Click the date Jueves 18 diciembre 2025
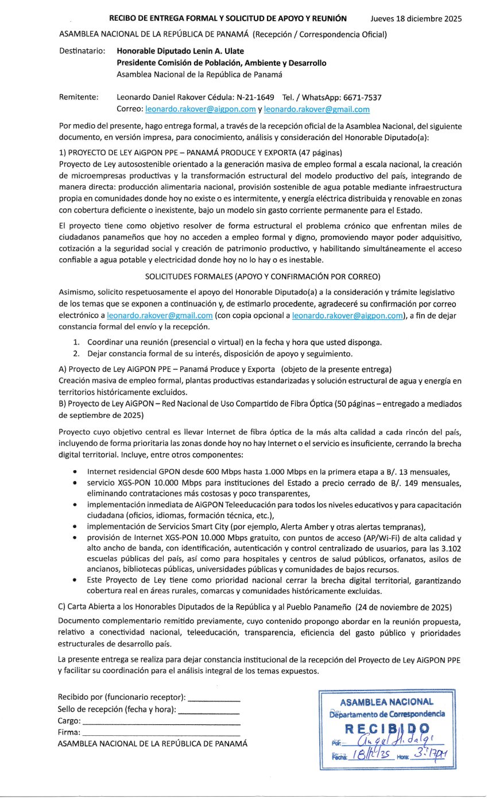point(416,19)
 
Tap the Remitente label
point(79,97)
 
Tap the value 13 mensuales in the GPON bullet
point(435,471)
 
